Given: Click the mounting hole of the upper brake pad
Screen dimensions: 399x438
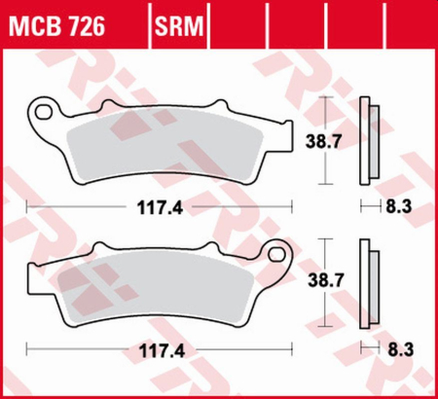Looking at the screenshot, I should (43, 110).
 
